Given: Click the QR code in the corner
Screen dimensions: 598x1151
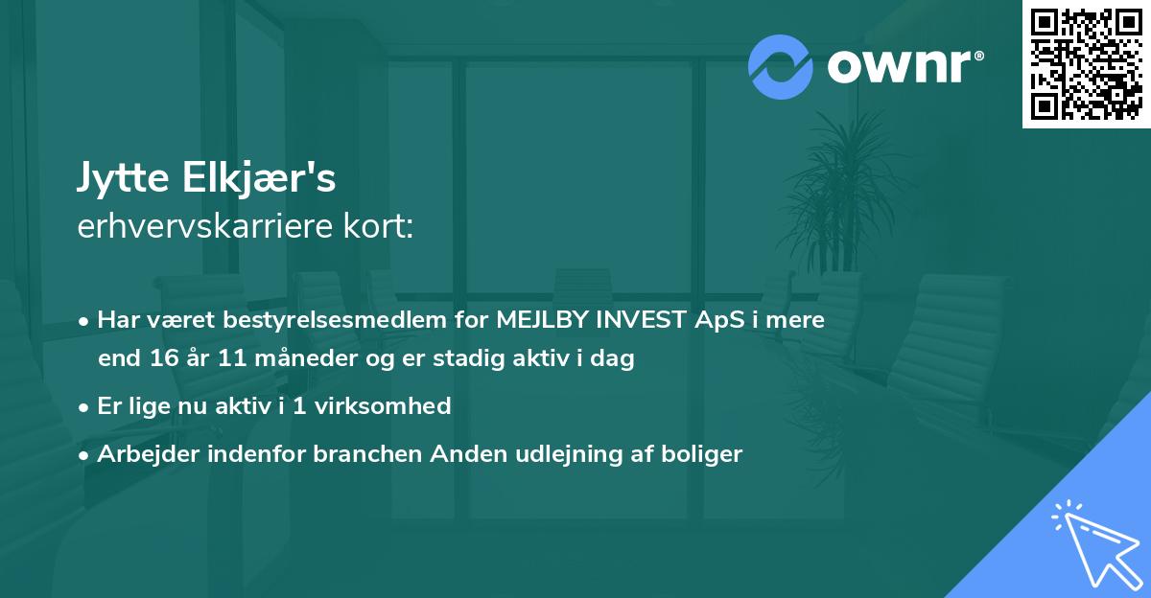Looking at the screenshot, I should coord(1086,63).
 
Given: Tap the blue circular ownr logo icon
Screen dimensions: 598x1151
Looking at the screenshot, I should coord(781,66).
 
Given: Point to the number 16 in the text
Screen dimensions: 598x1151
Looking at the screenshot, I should coord(159,360).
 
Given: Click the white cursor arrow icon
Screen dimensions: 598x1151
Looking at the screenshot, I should coord(1093,545).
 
